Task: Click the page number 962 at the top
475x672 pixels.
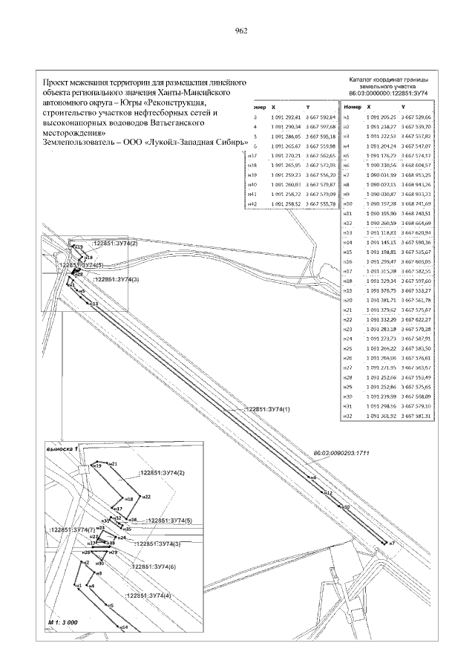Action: (240, 30)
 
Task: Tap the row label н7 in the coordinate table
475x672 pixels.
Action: (346, 174)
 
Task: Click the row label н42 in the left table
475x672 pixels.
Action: (252, 203)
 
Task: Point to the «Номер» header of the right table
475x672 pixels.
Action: (344, 108)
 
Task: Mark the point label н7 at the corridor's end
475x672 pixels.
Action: (391, 544)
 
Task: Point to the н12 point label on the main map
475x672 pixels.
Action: (330, 492)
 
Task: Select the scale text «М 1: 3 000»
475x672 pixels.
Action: (63, 621)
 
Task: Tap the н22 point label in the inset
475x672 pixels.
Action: (146, 496)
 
